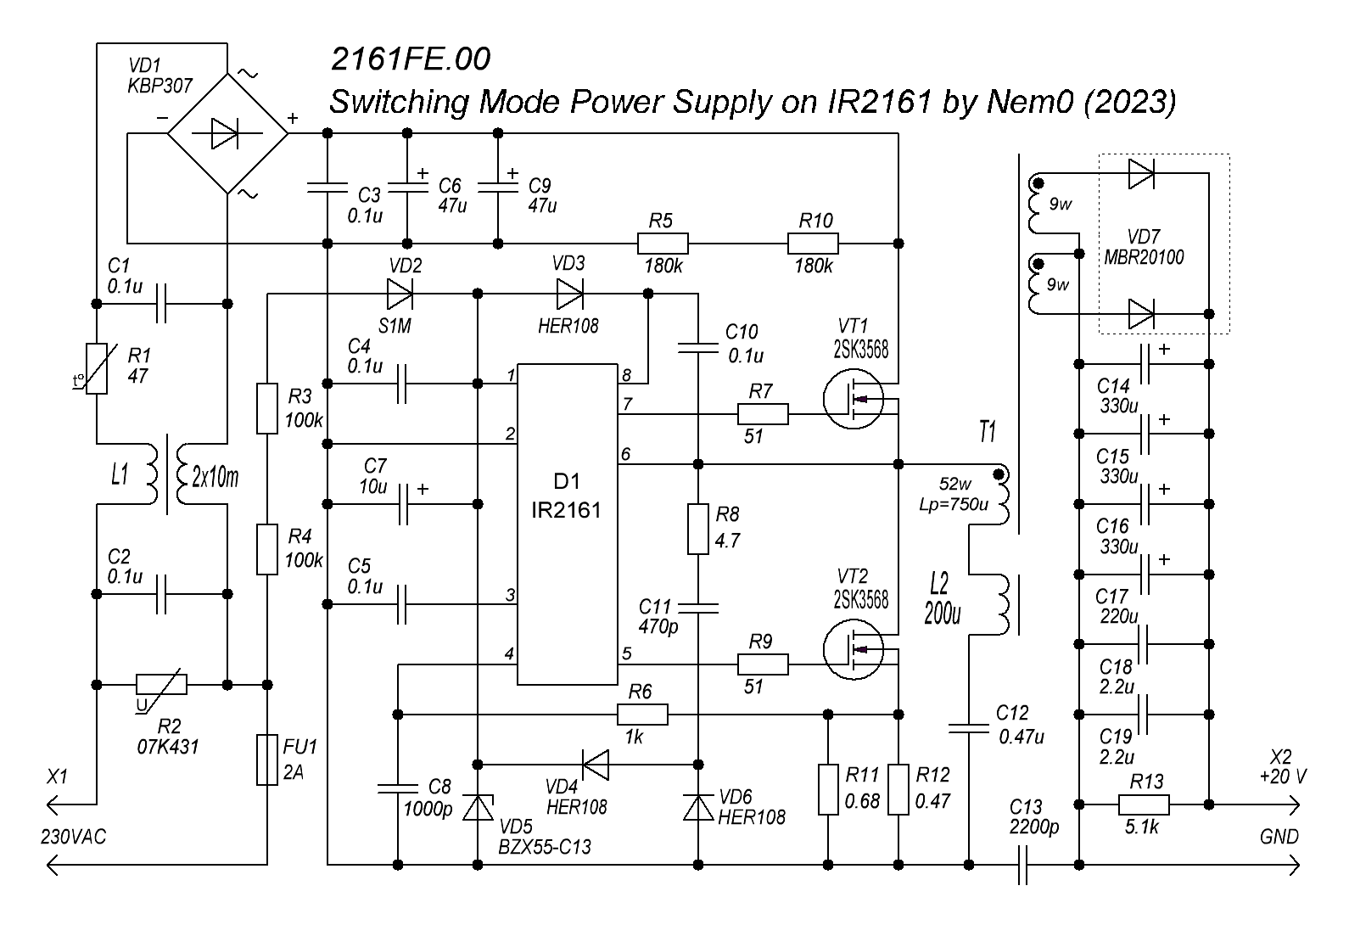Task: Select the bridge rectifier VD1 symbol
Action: click(227, 133)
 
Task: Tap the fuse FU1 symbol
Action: click(266, 760)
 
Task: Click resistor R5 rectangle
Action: click(662, 244)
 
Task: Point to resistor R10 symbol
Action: click(813, 244)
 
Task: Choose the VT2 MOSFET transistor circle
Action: click(853, 650)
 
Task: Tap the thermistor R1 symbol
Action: click(97, 368)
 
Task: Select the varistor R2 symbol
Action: click(161, 683)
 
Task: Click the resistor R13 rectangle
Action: click(1144, 804)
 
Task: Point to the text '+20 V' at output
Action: click(1283, 776)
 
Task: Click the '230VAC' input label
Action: click(74, 837)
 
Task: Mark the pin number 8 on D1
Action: click(627, 375)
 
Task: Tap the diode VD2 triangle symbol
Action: click(399, 294)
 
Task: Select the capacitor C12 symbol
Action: click(967, 727)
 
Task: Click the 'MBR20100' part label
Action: click(1144, 256)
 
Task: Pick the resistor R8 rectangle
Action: click(697, 529)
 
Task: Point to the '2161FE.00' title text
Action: click(410, 59)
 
